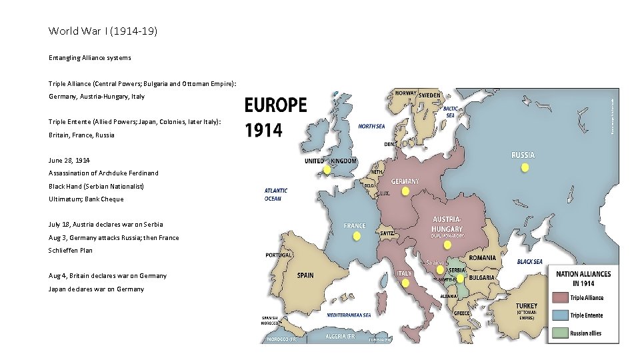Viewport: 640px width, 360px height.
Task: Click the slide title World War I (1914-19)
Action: tap(103, 31)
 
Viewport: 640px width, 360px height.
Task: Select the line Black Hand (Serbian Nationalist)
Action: tap(96, 186)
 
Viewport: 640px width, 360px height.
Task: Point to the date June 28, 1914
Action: tap(70, 161)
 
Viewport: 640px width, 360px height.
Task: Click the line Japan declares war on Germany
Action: tap(96, 289)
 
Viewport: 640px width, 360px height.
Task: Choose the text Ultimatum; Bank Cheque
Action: tap(86, 199)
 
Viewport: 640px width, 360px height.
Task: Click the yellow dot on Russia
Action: tap(525, 168)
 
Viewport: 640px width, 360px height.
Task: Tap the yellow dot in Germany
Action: tap(405, 191)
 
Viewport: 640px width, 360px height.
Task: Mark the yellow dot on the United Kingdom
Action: tap(327, 170)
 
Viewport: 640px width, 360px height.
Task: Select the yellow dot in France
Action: tap(355, 236)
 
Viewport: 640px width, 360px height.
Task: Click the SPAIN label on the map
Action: tap(305, 275)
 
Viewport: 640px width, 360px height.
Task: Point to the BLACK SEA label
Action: tap(529, 262)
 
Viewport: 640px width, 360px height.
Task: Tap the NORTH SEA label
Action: tap(371, 125)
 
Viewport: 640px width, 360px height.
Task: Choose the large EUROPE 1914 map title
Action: tap(275, 117)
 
